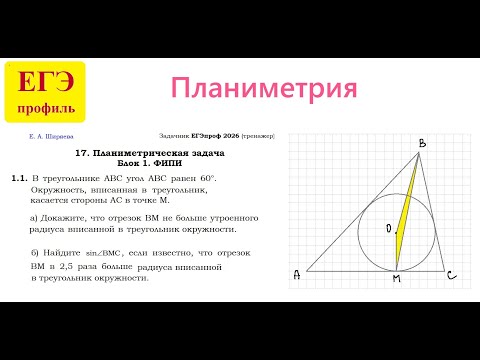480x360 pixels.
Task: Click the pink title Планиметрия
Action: (264, 88)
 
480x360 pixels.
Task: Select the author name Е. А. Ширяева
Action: (51, 135)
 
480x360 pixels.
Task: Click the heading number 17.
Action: (83, 151)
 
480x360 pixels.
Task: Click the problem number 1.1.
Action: (18, 177)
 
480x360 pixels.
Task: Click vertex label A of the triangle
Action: (296, 274)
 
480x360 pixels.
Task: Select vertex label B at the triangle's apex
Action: (422, 145)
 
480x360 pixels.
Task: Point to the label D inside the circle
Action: (388, 229)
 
